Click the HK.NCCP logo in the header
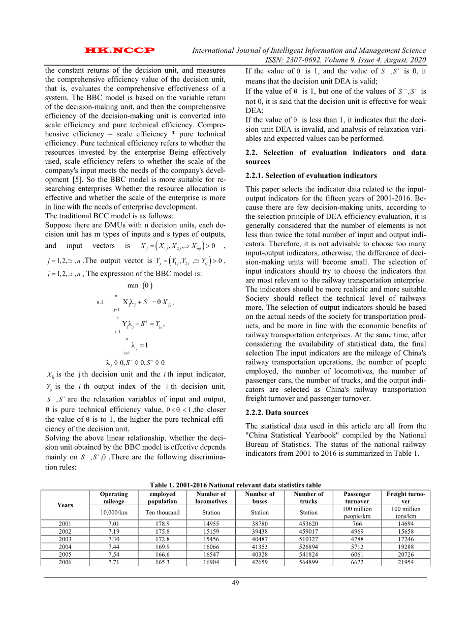coord(120,51)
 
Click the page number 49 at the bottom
coord(235,583)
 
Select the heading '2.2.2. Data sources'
coord(276,413)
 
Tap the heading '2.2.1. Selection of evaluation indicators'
coord(311,176)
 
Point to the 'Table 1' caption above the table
coord(235,485)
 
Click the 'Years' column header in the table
coord(65,505)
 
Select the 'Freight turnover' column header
coord(405,497)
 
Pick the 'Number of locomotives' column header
coord(211,497)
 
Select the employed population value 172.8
coord(162,538)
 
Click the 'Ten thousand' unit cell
coord(162,512)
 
